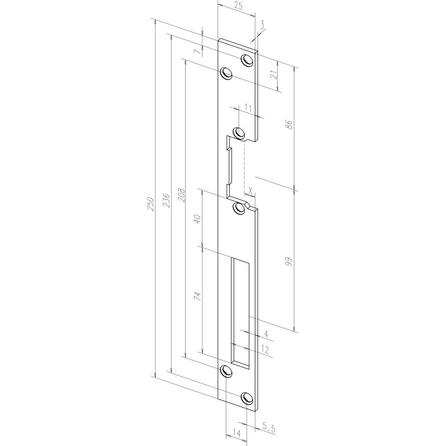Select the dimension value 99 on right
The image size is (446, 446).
click(x=288, y=263)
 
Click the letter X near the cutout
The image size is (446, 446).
click(x=251, y=190)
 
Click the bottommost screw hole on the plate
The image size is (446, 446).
click(x=246, y=397)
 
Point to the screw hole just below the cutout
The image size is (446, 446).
click(x=240, y=208)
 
